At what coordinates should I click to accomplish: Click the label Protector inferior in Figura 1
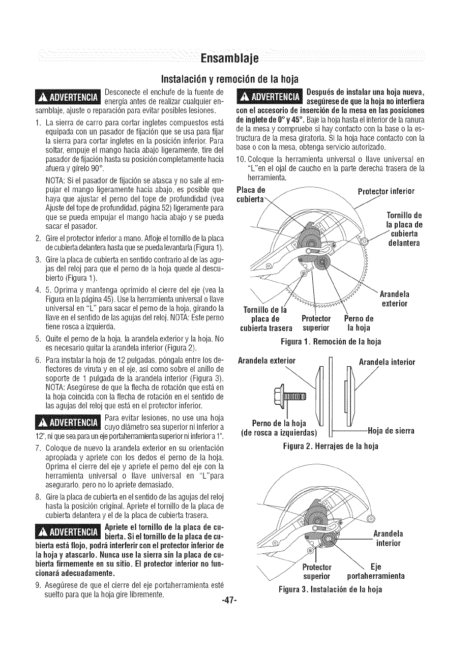386,191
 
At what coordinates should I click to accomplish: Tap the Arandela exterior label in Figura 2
268,362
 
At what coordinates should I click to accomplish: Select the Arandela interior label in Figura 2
387,362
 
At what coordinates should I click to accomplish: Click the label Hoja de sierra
392,431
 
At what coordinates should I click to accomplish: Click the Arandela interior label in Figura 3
389,539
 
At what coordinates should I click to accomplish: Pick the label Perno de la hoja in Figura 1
360,323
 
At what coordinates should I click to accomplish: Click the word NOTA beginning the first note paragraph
55,180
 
